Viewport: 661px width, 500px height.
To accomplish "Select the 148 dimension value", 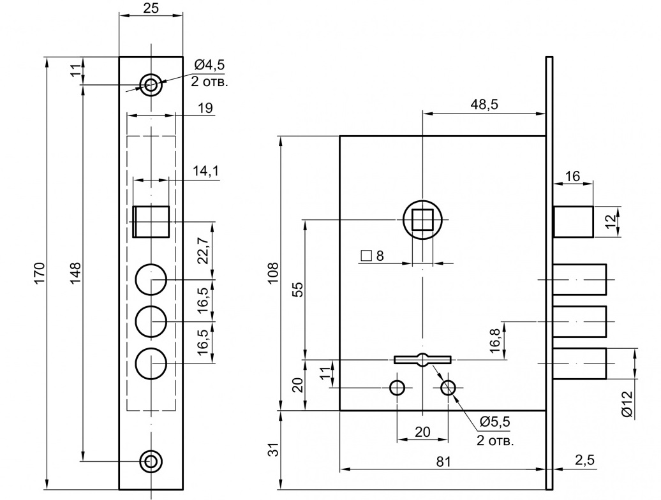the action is pos(75,273).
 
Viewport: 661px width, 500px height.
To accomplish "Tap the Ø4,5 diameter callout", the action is pos(209,65).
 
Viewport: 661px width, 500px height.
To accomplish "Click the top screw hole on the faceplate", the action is pos(151,85).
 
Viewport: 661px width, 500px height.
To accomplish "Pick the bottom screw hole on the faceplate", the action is pos(151,461).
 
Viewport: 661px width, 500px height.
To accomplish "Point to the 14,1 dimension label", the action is pos(205,171).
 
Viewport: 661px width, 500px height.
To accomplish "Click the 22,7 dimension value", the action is pos(203,250).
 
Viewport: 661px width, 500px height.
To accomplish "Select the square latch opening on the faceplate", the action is pos(151,221).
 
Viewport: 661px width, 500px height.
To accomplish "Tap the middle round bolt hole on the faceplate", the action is pos(151,322).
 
